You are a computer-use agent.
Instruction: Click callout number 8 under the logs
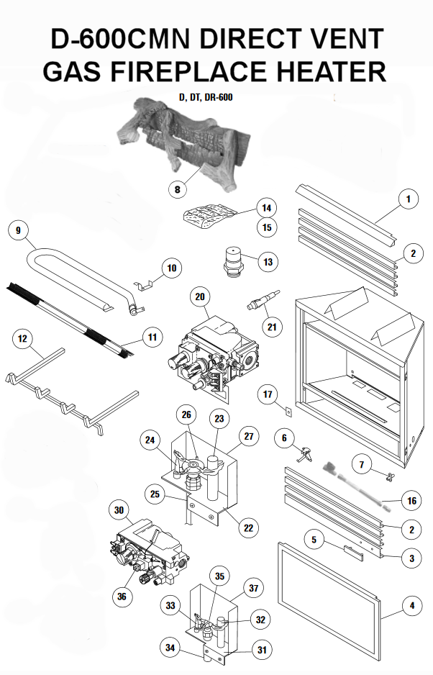point(177,189)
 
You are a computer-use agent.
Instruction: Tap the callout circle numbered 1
point(408,197)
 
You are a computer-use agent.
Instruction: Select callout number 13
point(268,261)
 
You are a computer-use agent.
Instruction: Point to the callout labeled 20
point(201,296)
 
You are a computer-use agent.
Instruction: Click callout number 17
point(268,394)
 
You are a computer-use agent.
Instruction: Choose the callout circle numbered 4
point(411,606)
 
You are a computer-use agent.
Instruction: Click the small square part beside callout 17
point(286,412)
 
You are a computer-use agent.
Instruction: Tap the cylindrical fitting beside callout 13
point(233,261)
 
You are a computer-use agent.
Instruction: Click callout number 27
point(249,435)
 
